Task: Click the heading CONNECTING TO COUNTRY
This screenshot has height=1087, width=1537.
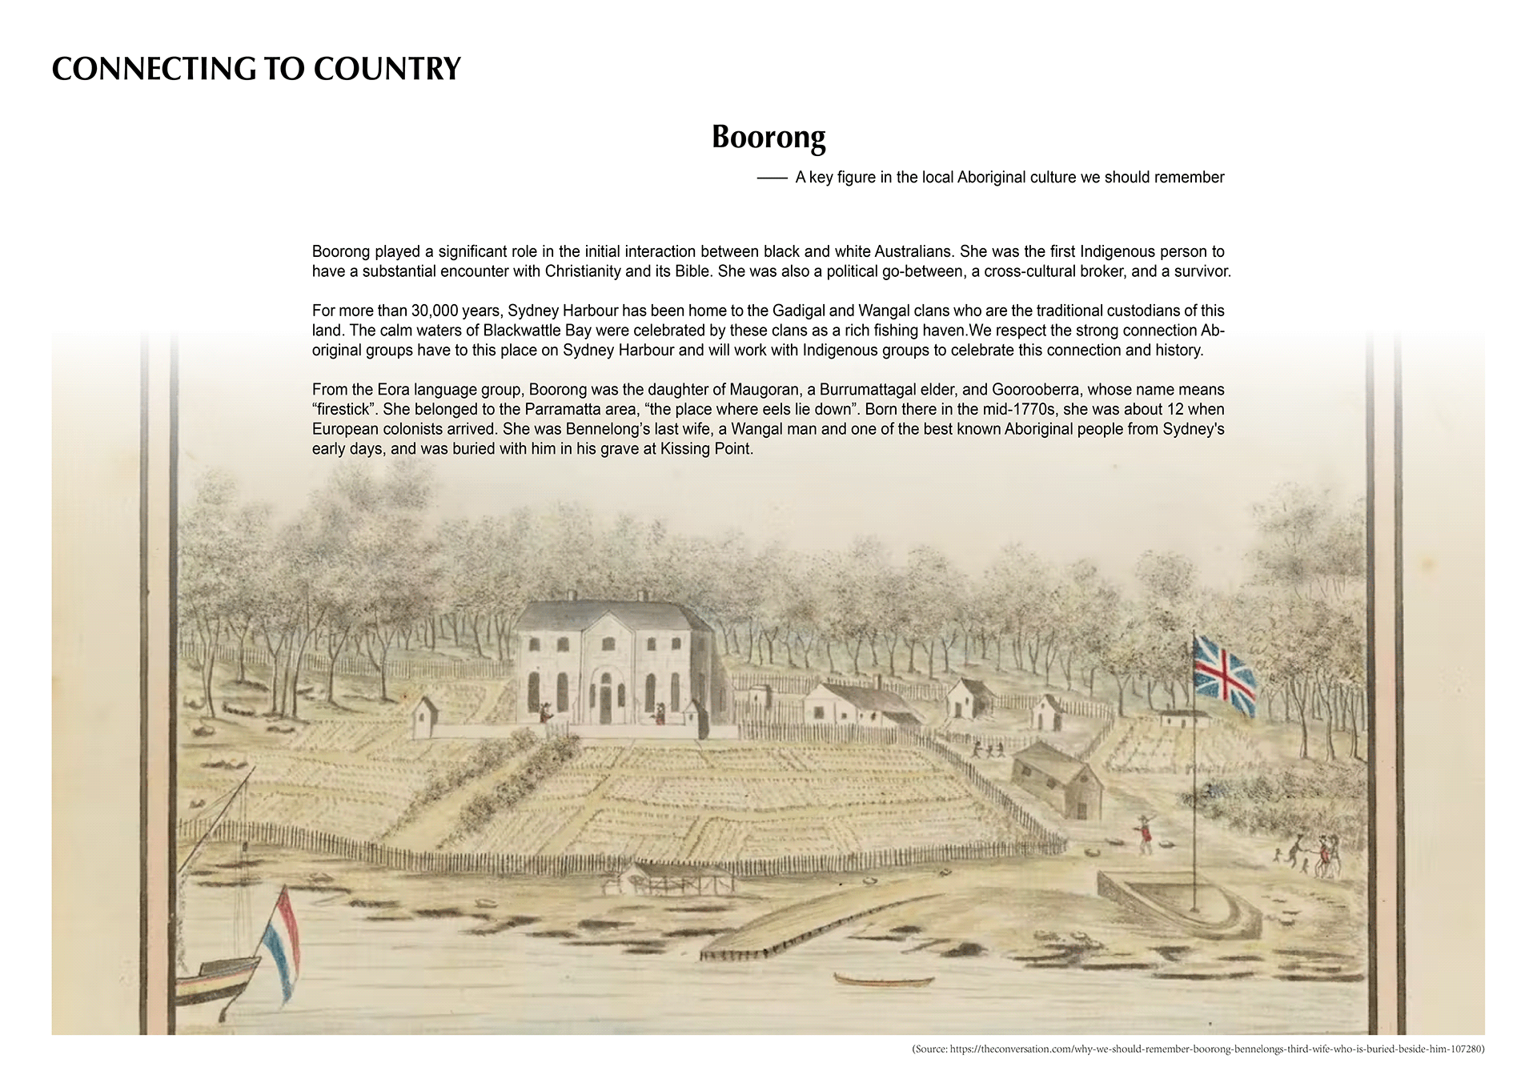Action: point(256,70)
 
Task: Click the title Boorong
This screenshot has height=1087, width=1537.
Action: point(768,138)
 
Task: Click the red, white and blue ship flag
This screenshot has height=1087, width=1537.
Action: point(283,945)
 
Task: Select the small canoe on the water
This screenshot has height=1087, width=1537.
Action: point(883,980)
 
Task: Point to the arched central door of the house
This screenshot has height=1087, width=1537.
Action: point(606,698)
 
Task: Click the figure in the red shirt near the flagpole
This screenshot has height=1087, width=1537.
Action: point(1146,833)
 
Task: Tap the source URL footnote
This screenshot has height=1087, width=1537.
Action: point(1198,1049)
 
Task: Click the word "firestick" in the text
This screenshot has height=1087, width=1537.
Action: point(343,410)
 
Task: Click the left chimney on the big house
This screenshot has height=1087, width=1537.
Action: point(572,596)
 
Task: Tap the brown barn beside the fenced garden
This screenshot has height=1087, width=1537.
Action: point(1056,780)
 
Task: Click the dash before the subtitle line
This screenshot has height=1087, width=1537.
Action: point(772,178)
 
